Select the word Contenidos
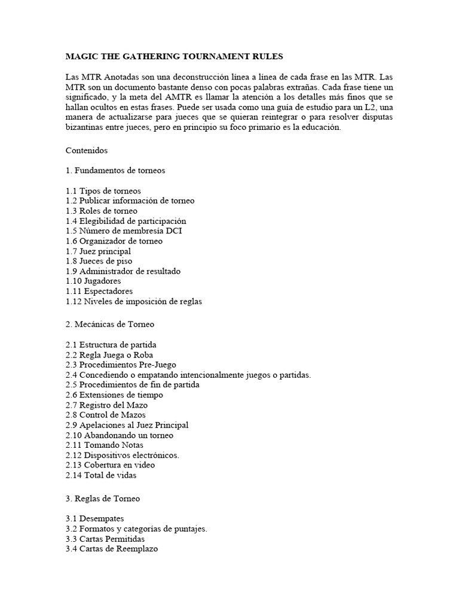[x=87, y=151]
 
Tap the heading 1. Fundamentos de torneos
[x=115, y=171]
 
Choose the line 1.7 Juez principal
[x=99, y=251]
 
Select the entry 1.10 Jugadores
[x=94, y=281]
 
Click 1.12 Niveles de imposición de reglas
[x=134, y=302]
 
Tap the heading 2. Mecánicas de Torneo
[x=110, y=324]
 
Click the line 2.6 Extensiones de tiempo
[x=114, y=395]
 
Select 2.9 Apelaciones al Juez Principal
[x=127, y=425]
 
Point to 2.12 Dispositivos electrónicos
[x=123, y=455]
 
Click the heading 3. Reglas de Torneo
[x=103, y=498]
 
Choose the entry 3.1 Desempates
[x=95, y=518]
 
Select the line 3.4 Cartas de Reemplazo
[x=112, y=549]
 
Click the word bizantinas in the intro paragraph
[x=85, y=128]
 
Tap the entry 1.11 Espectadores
[x=99, y=292]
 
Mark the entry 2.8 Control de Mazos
[x=106, y=415]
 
